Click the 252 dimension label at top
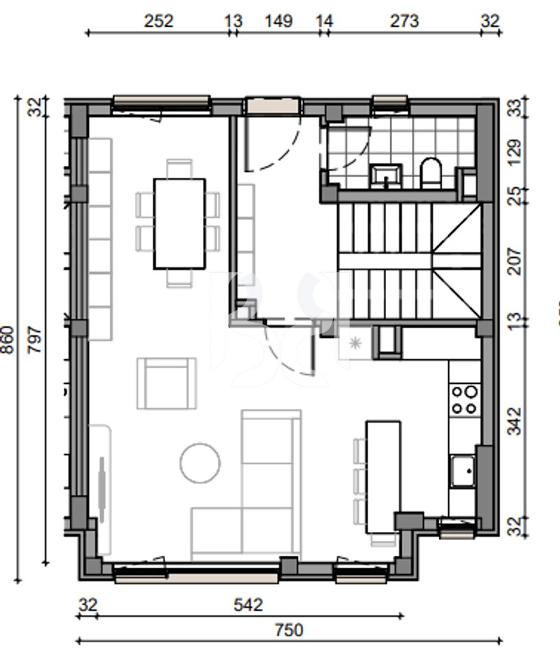click(159, 21)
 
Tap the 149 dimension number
click(279, 21)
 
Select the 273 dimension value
click(404, 21)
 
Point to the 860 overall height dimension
click(8, 341)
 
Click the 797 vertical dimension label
click(35, 341)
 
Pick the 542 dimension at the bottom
click(249, 605)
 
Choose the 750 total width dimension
click(289, 631)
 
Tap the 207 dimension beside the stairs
click(515, 262)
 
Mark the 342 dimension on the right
click(515, 422)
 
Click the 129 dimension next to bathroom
click(515, 153)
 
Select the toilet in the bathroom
click(430, 173)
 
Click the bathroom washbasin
click(386, 175)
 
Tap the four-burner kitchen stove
click(464, 399)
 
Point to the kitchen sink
click(463, 472)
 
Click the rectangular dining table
click(180, 223)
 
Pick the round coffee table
click(200, 463)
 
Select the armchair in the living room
click(167, 383)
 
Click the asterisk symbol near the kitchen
click(356, 343)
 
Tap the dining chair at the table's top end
click(180, 169)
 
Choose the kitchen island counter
click(383, 477)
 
